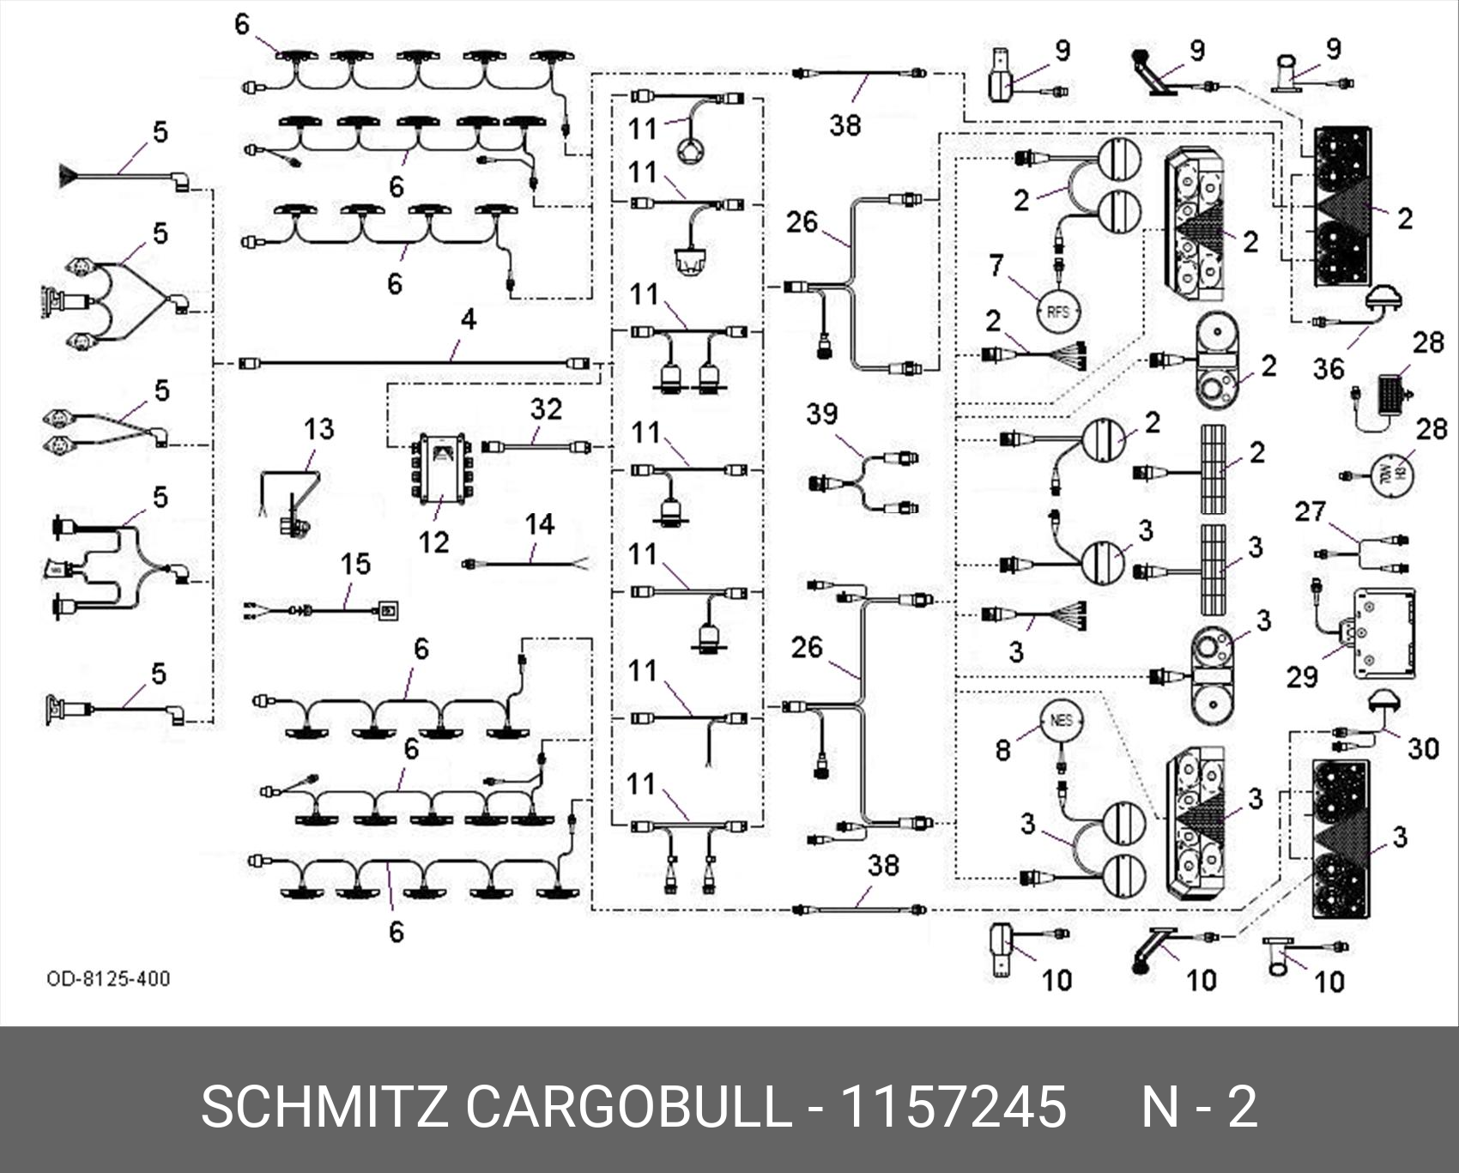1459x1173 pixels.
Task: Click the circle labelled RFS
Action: (1058, 311)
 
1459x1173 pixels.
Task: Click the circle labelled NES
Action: (1061, 720)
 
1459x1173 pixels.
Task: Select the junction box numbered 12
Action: (441, 469)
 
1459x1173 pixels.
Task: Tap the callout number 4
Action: (468, 319)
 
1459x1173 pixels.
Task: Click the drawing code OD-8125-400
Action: (108, 978)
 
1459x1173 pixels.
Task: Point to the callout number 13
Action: (318, 428)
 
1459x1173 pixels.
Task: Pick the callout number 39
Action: (821, 414)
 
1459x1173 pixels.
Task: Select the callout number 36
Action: (1328, 368)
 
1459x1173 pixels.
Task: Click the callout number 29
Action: (1301, 676)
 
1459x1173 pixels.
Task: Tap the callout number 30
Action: (1422, 748)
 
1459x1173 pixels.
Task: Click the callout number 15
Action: (354, 564)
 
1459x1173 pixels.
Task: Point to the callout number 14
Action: (540, 523)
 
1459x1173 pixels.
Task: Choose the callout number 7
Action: (996, 265)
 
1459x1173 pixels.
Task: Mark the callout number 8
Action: (1002, 750)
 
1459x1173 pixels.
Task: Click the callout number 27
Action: (1310, 512)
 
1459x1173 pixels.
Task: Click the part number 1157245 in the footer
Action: (953, 1106)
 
